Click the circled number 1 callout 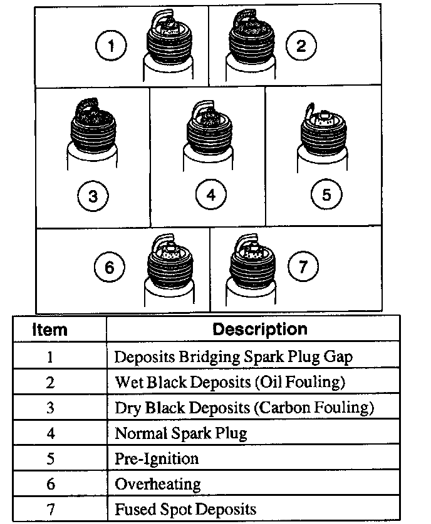(x=112, y=46)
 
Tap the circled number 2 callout (x=301, y=46)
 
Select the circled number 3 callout (x=93, y=196)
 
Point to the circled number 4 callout (x=210, y=194)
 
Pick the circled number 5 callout (x=326, y=194)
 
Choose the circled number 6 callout (x=110, y=268)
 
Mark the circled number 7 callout (x=303, y=267)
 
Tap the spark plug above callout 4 (x=208, y=138)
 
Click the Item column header (x=50, y=329)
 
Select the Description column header (x=260, y=329)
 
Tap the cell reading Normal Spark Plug (x=181, y=433)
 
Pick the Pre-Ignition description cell (x=157, y=458)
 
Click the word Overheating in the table (x=158, y=484)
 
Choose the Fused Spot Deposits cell (x=185, y=509)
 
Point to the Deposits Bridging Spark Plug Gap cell (x=233, y=356)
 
